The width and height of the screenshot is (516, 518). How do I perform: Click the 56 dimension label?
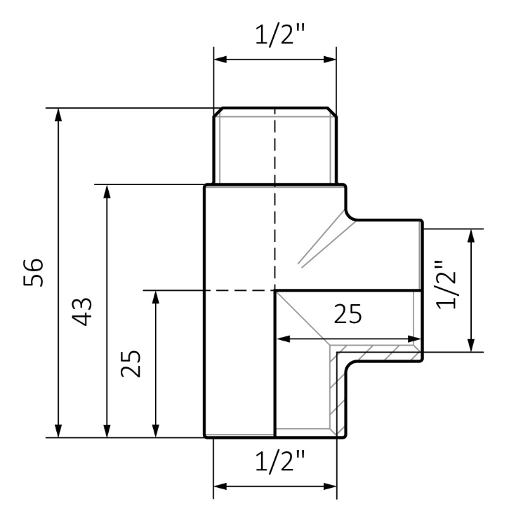point(33,273)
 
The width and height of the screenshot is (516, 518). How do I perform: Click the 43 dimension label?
point(81,312)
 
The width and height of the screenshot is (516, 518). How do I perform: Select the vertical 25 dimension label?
point(131,363)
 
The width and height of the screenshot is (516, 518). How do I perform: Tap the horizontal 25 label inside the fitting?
point(348,314)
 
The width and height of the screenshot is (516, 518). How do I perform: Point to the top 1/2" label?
point(279,34)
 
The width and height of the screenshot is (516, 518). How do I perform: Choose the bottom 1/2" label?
point(279,461)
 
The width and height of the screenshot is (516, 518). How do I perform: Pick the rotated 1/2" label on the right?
point(446,285)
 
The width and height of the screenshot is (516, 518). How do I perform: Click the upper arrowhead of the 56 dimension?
point(58,115)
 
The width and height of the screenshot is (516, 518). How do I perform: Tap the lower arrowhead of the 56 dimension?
point(58,431)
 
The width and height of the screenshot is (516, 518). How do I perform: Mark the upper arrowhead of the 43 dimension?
point(107,191)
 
